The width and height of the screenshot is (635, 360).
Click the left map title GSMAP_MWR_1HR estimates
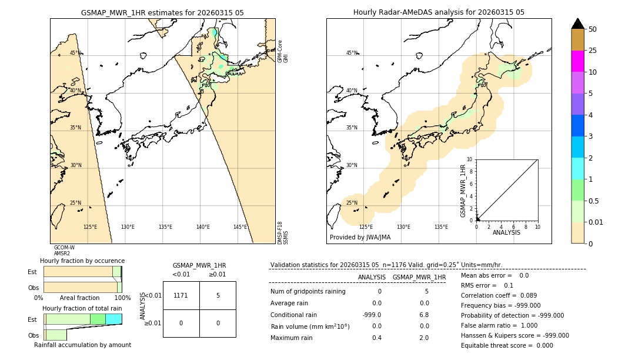tap(162, 12)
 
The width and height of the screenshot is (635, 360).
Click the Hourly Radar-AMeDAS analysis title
tap(439, 12)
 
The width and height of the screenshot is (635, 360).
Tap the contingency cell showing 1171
tap(181, 295)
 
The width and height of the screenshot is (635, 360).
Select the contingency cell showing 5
tap(218, 295)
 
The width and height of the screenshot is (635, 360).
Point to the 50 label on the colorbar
tap(593, 29)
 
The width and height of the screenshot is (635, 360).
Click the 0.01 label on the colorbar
tap(596, 222)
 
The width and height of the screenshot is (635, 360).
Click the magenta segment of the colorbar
tap(577, 61)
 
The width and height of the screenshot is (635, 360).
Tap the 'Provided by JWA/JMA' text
tap(360, 237)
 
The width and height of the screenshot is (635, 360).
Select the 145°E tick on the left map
tap(240, 227)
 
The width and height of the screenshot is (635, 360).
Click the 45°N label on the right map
tap(352, 53)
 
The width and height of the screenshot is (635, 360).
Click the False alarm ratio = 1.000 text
tap(499, 325)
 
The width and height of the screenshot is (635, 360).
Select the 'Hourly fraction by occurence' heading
tap(82, 261)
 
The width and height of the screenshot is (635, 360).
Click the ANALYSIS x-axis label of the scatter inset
tap(506, 232)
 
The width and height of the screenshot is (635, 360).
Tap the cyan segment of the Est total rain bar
tap(113, 319)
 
